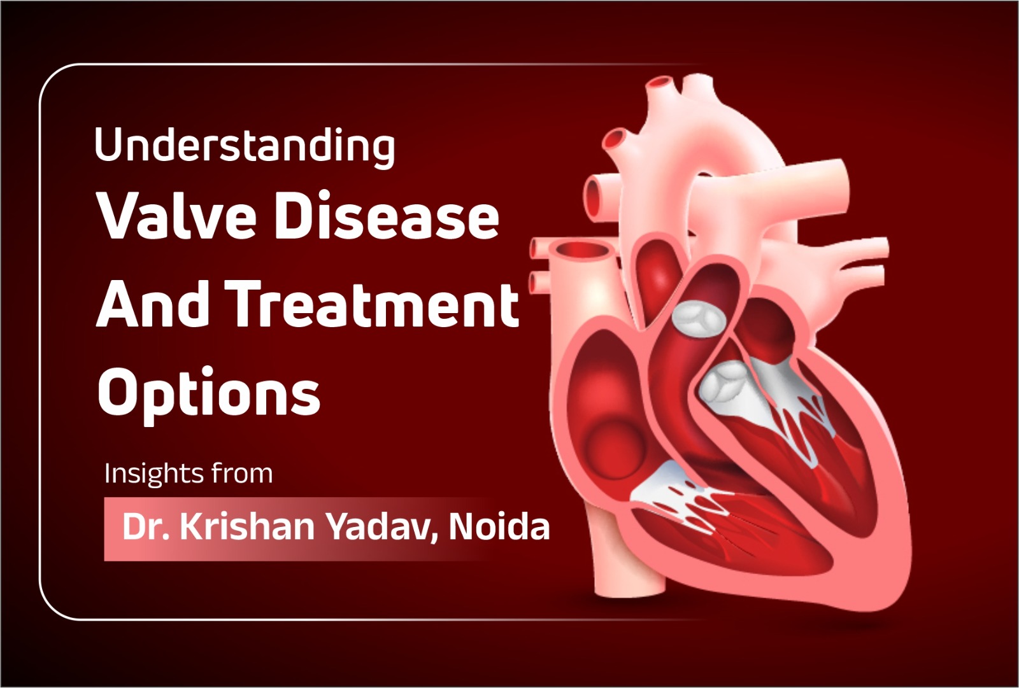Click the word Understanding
click(245, 147)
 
